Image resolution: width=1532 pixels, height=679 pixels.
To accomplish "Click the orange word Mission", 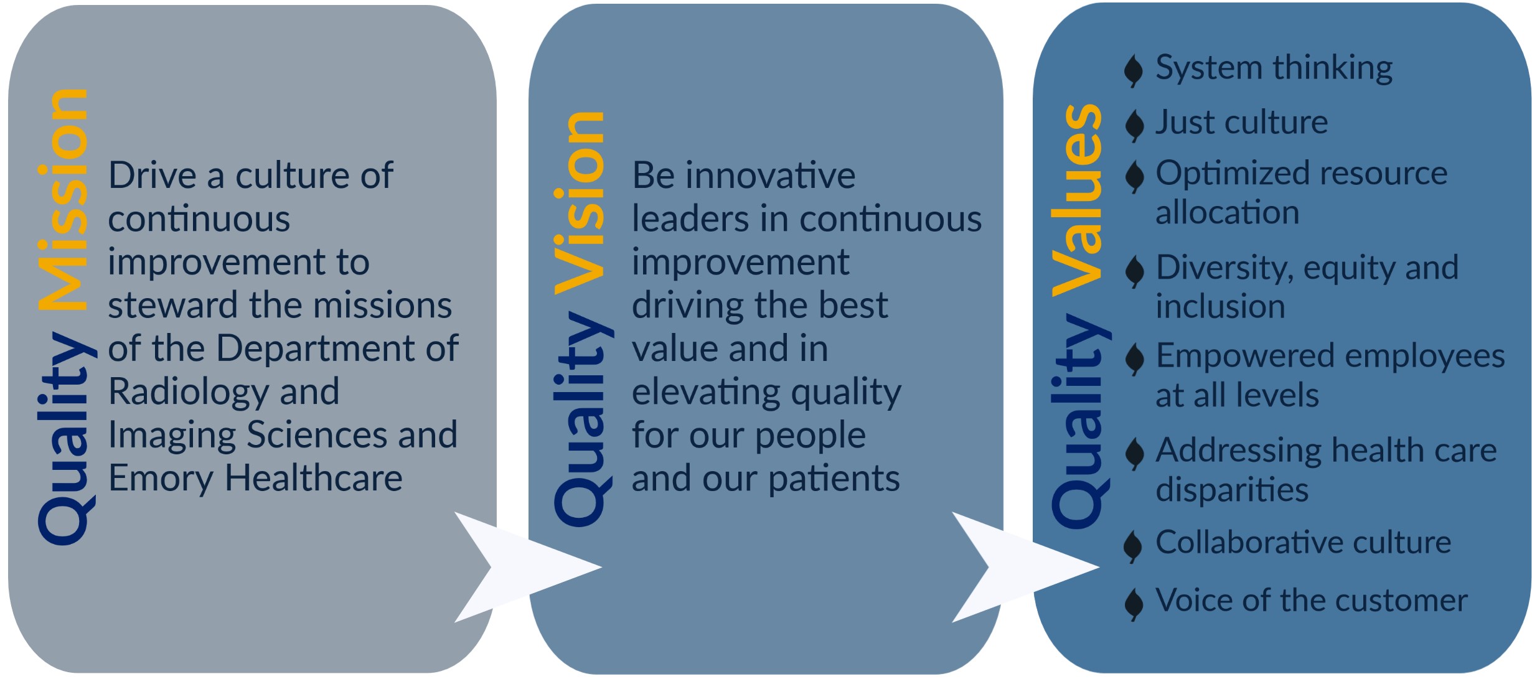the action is click(62, 200).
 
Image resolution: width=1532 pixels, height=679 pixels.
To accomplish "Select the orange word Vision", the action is click(579, 203).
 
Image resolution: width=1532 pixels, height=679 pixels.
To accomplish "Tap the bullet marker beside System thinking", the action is click(1134, 70).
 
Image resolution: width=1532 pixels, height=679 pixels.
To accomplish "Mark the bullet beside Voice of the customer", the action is click(1134, 604).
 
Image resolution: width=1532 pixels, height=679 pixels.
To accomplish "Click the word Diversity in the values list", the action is click(1224, 268).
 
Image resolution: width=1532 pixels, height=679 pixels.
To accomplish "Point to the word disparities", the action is click(1232, 490).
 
